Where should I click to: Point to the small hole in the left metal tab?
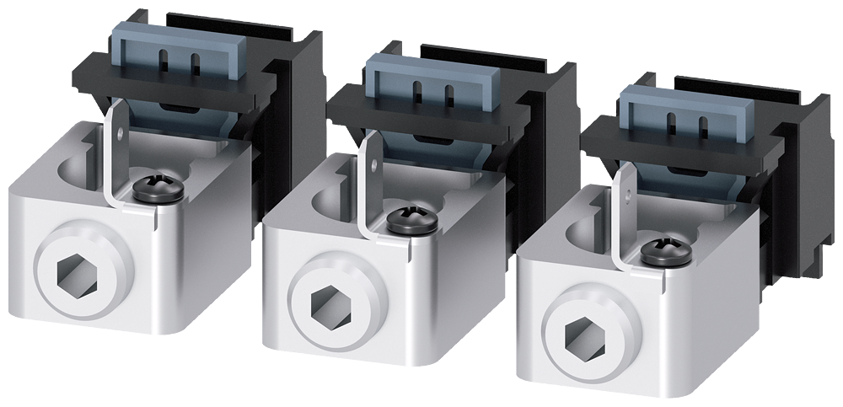tap(120, 131)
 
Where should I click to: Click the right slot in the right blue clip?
tap(701, 126)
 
